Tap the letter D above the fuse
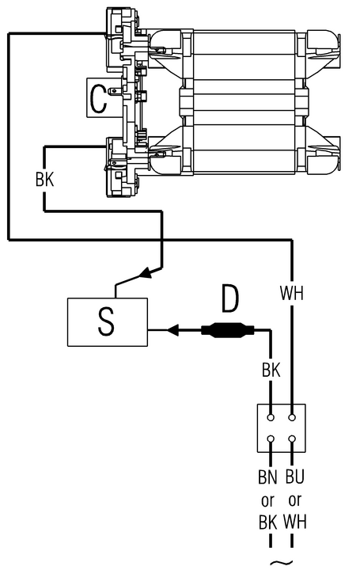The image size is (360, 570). [230, 299]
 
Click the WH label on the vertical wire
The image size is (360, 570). [292, 293]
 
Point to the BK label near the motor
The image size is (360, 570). [44, 180]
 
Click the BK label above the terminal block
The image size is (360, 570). [271, 370]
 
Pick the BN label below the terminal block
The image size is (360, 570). [267, 477]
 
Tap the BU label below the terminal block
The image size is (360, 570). [294, 477]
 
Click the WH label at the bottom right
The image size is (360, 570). [295, 522]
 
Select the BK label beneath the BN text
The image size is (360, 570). [268, 522]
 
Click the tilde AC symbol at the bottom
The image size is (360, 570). [281, 563]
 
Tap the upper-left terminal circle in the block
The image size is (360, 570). [271, 417]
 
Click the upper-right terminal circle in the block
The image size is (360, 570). [292, 417]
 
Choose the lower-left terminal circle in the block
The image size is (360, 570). [271, 439]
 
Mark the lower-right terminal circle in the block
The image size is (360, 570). [292, 439]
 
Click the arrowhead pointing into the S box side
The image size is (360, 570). [173, 330]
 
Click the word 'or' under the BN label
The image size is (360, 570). [267, 501]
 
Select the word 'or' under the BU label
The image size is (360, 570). [294, 501]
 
